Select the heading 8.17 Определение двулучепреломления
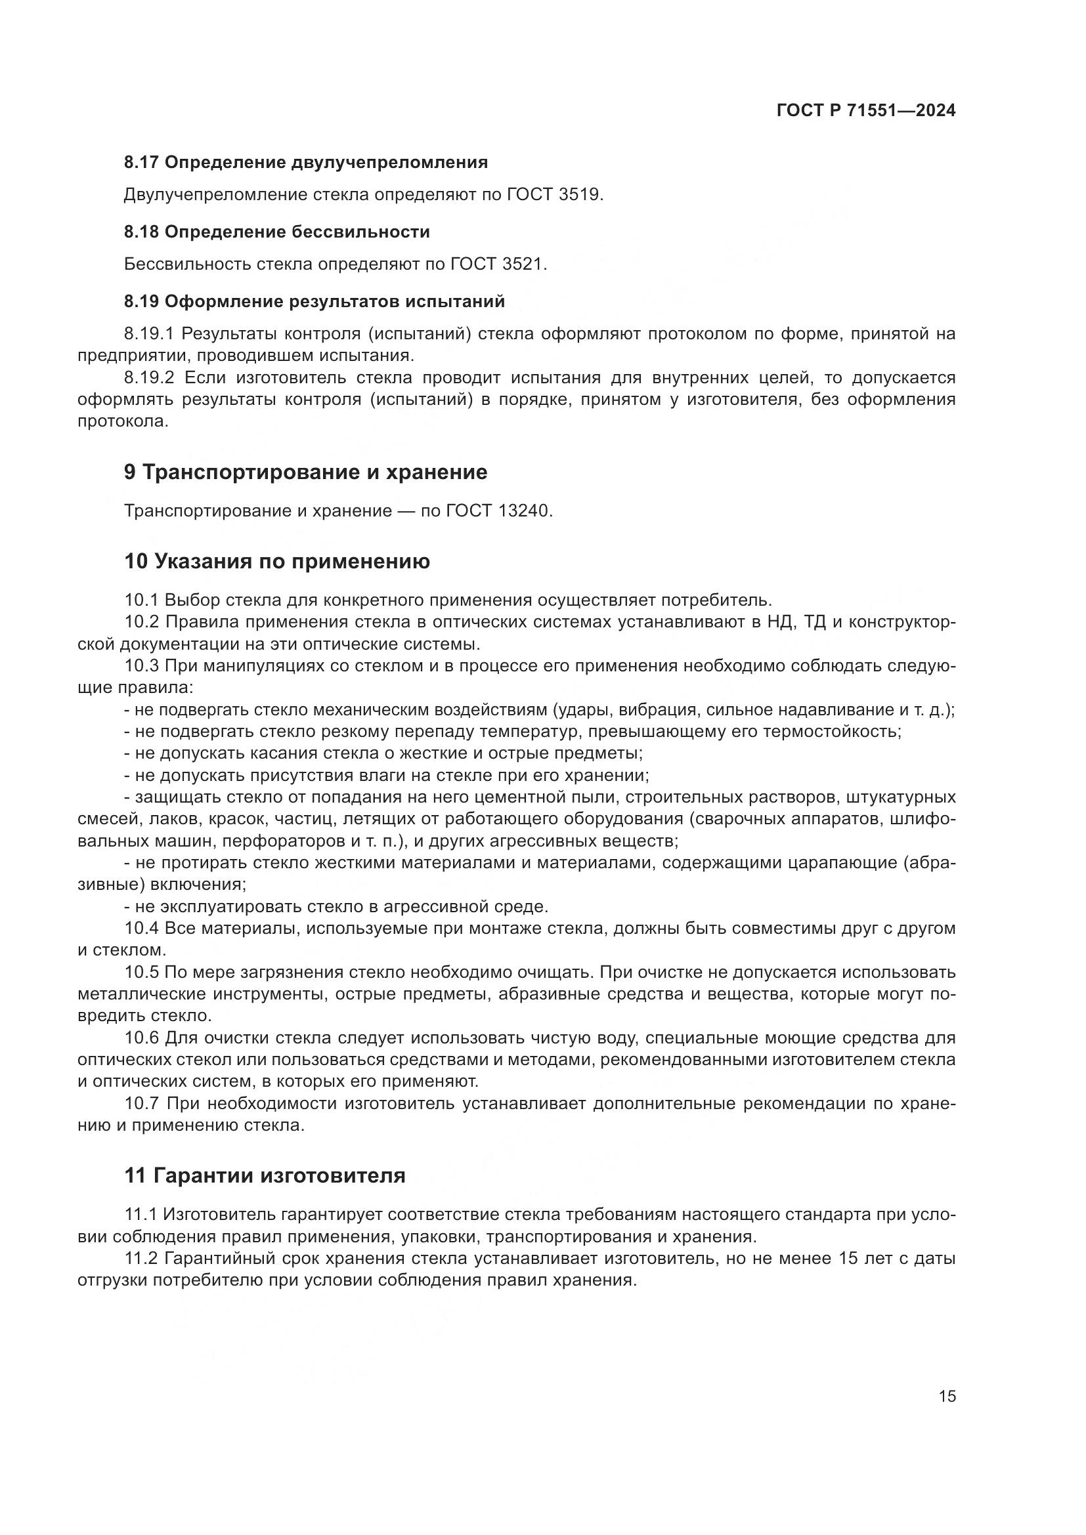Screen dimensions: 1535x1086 [305, 163]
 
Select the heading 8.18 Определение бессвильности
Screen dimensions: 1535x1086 [277, 232]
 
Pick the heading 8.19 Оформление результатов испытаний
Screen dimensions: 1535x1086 [315, 301]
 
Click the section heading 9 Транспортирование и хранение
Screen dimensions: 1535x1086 [305, 472]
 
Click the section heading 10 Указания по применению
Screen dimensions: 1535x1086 [277, 562]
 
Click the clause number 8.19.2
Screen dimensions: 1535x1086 [148, 379]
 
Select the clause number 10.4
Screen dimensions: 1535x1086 [141, 929]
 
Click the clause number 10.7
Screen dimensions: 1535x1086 [142, 1104]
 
